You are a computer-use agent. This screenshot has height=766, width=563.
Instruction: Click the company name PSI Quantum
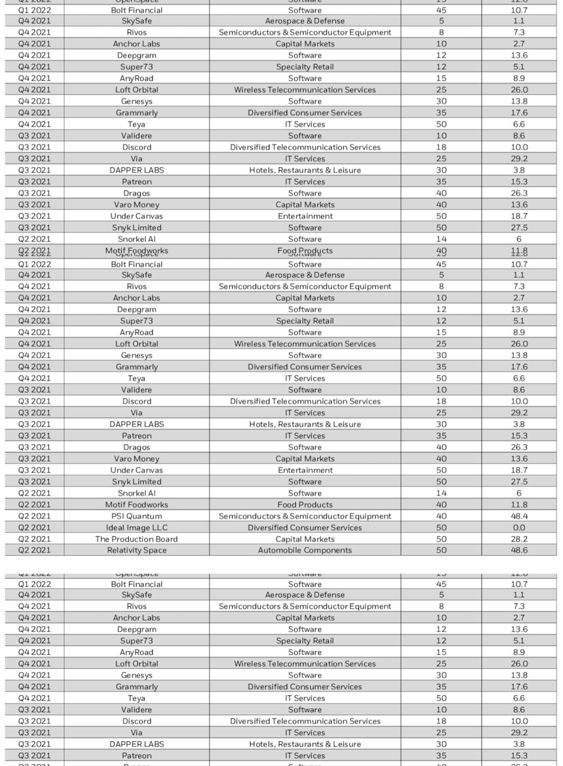tap(137, 516)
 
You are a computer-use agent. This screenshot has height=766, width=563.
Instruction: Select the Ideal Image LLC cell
tap(137, 528)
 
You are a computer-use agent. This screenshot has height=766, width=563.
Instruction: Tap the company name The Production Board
tap(137, 539)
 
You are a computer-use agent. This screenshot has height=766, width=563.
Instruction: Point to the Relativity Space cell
tap(137, 550)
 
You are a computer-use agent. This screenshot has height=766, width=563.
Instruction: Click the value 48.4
tap(519, 516)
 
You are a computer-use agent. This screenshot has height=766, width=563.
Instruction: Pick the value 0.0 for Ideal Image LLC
tap(519, 528)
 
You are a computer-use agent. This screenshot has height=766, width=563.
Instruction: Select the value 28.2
tap(519, 539)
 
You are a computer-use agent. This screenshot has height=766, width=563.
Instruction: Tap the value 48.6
tap(519, 550)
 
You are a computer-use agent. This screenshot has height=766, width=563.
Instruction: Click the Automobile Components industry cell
tap(305, 550)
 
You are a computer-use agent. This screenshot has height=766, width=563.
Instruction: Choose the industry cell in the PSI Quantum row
tap(305, 516)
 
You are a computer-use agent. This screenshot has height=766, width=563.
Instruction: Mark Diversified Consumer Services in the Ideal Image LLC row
tap(305, 528)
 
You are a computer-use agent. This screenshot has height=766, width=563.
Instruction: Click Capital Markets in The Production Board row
tap(305, 539)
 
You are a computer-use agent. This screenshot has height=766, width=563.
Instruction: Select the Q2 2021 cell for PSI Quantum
tap(34, 516)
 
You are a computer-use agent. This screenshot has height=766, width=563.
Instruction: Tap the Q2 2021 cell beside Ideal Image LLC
tap(34, 528)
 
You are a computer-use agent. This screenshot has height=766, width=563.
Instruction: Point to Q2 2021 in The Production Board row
tap(34, 539)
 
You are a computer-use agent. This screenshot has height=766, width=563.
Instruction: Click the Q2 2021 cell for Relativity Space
tap(34, 550)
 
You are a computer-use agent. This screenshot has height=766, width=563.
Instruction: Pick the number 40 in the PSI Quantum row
tap(441, 516)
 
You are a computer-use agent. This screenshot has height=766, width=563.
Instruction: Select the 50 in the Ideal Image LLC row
tap(441, 528)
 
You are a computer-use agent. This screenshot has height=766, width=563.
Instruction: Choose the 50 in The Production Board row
tap(441, 539)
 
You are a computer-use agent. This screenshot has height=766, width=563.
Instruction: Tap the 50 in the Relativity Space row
tap(441, 550)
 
